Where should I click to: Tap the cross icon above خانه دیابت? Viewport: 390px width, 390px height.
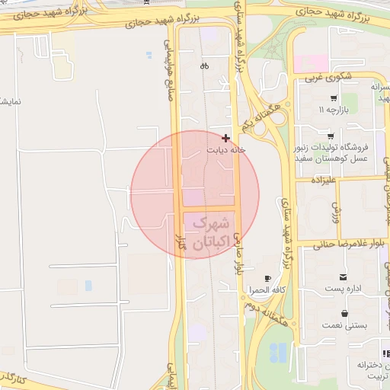225,138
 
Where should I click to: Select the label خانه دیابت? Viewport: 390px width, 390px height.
227,150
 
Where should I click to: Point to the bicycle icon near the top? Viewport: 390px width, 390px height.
204,66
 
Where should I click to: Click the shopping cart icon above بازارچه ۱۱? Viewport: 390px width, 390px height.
334,98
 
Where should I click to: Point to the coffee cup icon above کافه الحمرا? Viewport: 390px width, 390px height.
267,279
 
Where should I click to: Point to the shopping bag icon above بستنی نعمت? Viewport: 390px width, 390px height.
345,312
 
